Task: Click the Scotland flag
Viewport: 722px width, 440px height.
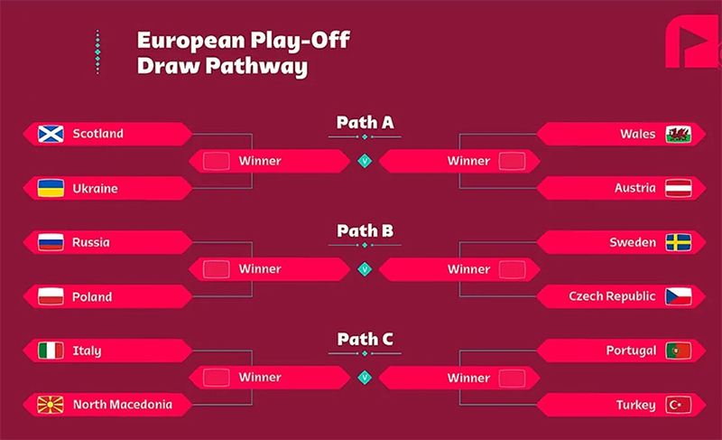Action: (x=50, y=134)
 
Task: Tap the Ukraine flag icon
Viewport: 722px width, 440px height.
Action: (x=50, y=188)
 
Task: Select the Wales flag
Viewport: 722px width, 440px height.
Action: (x=678, y=134)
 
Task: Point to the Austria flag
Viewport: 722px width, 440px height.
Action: (x=678, y=188)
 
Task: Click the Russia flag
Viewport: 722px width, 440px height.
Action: (x=50, y=242)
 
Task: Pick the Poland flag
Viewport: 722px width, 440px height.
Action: (x=50, y=296)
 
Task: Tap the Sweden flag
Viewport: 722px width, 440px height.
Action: (x=678, y=242)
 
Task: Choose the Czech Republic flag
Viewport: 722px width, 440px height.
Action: (x=678, y=296)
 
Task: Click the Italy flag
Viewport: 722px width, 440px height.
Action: (x=50, y=351)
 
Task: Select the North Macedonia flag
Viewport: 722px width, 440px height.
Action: (x=50, y=404)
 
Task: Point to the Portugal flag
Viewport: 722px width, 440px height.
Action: (x=678, y=351)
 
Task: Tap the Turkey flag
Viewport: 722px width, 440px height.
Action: (x=678, y=405)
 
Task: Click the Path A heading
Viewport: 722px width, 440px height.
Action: (x=365, y=122)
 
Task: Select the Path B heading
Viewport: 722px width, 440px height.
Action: (x=365, y=230)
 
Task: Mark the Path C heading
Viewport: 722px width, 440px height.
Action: (x=365, y=339)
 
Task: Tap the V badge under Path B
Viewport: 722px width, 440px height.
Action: (x=365, y=268)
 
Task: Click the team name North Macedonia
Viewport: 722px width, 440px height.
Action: (x=122, y=404)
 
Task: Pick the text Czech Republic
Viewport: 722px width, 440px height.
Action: (x=611, y=296)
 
